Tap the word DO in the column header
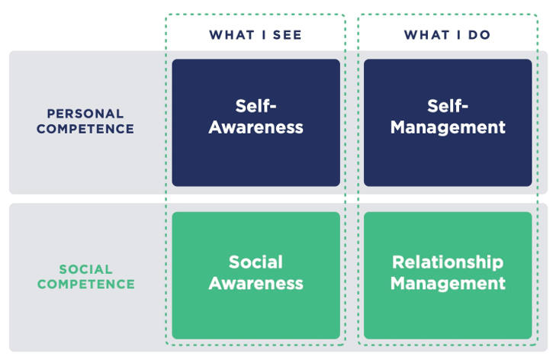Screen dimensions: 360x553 (481, 35)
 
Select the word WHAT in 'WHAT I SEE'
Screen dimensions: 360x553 (232, 35)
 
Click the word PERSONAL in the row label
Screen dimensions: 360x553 (85, 114)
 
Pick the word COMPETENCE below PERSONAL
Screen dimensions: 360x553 (85, 129)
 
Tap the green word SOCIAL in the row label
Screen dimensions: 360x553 (85, 269)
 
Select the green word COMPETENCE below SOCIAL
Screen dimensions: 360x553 (85, 284)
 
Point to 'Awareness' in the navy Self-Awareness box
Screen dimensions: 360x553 (256, 127)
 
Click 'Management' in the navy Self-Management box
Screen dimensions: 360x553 (448, 127)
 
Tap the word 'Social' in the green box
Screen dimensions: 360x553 (256, 262)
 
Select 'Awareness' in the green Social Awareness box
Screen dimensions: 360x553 (256, 283)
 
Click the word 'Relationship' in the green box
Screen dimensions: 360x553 (448, 262)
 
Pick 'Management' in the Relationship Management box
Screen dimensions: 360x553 (448, 283)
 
